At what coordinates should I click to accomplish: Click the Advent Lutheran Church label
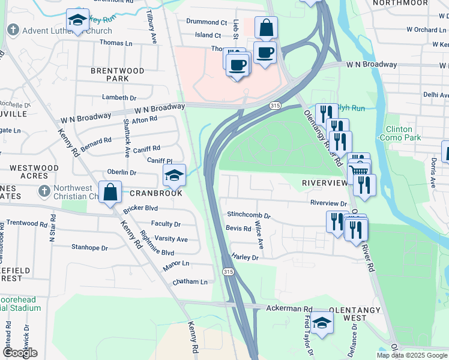pos(67,30)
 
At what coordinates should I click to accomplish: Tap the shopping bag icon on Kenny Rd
pos(110,193)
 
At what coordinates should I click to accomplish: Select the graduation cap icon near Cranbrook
pos(174,175)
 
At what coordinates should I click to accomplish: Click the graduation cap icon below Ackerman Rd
pos(322,323)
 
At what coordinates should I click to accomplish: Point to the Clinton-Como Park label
pos(399,133)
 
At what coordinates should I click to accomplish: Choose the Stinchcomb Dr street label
pos(249,215)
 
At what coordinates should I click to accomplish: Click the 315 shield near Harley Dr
pos(228,272)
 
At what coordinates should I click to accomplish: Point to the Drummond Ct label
pos(206,22)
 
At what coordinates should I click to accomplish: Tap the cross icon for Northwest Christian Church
pos(43,191)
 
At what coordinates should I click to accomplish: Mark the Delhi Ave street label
pos(435,95)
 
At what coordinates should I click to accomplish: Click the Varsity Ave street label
pos(172,239)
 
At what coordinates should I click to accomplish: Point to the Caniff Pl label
pos(160,161)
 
